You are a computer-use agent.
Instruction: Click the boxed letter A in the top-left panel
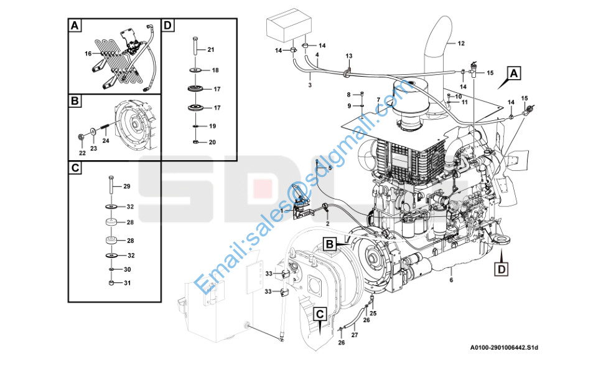75,26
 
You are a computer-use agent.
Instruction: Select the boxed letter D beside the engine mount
501,269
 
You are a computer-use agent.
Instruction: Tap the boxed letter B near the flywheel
329,243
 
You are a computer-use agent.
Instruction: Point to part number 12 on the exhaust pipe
461,44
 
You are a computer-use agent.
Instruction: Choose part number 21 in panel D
210,49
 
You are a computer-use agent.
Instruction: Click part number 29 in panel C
126,187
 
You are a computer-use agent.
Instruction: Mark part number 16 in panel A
88,54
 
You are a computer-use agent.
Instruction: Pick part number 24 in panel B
106,141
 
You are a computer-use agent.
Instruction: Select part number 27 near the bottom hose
354,335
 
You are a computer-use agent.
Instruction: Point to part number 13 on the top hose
349,56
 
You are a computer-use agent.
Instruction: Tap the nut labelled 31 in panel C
110,284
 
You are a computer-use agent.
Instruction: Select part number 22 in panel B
82,152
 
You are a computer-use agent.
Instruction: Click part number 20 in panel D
212,142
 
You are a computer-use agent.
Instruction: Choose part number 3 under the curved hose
309,84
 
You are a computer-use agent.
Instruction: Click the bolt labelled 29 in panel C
110,185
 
